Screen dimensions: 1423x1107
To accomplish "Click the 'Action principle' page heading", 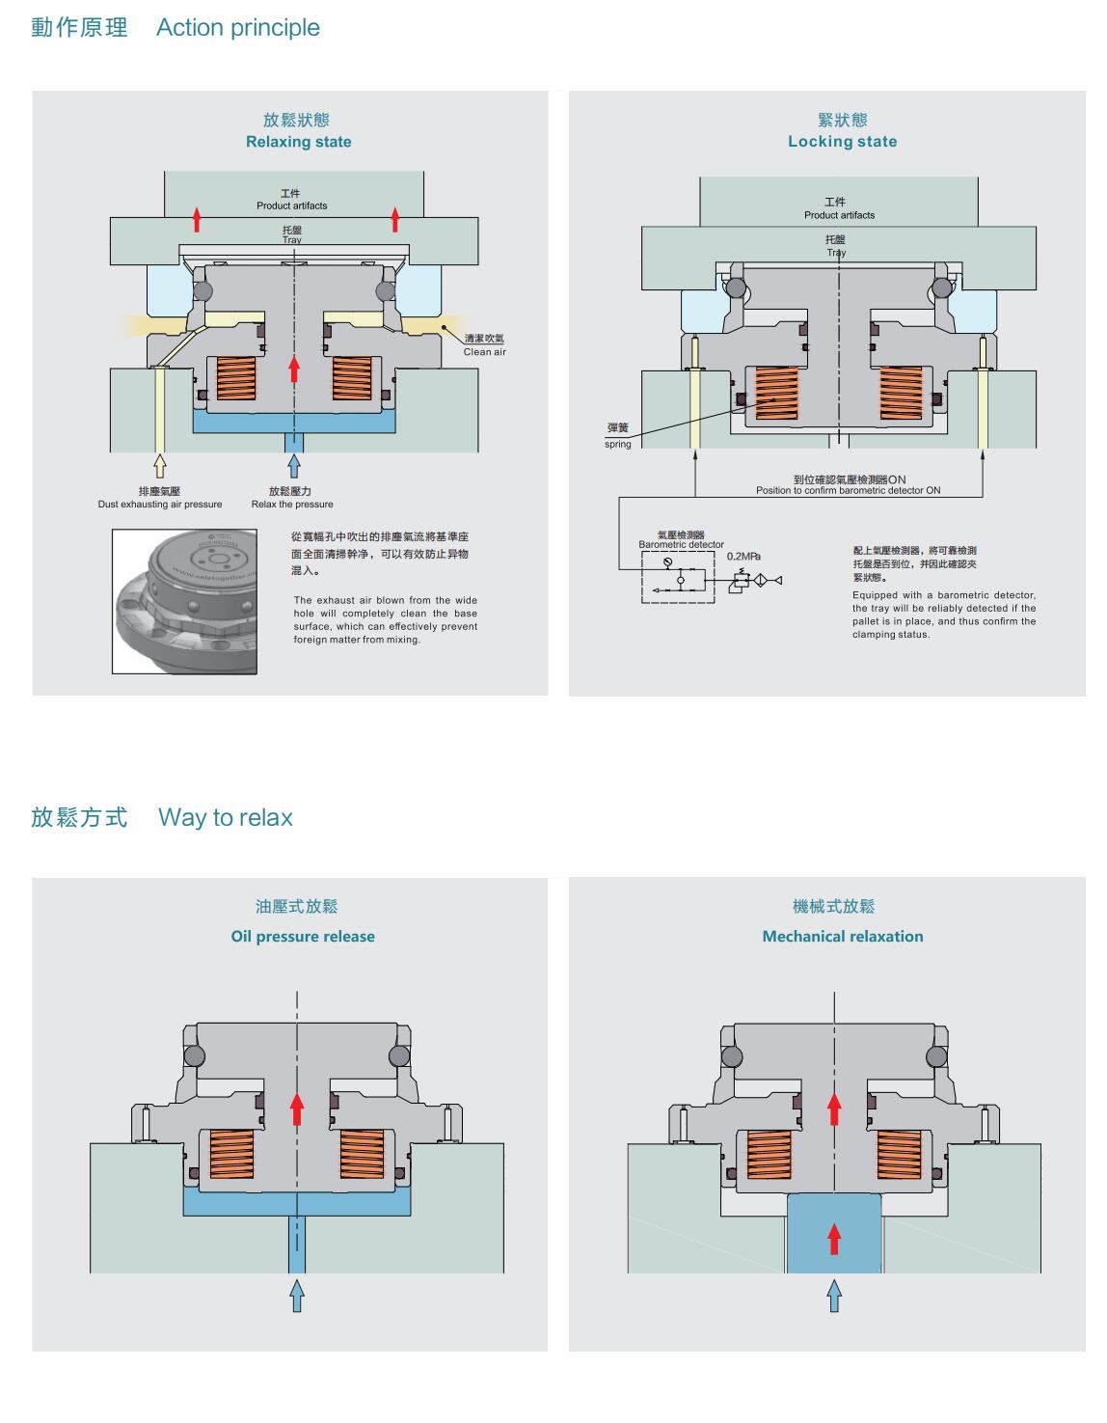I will click(237, 28).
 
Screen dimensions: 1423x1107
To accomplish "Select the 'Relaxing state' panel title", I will click(298, 142).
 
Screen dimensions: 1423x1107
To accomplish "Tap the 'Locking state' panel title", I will click(842, 142).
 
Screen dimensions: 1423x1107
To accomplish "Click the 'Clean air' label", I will click(484, 352).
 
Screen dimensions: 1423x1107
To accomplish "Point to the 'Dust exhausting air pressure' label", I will click(160, 505).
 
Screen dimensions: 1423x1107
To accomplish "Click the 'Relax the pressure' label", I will click(292, 505).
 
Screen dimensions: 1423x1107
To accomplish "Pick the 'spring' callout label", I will click(618, 445).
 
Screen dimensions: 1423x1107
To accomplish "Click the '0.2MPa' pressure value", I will click(743, 557).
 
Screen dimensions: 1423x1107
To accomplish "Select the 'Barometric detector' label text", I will click(681, 545).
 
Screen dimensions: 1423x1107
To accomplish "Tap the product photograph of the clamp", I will click(185, 600).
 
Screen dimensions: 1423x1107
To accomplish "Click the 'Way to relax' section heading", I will click(225, 818).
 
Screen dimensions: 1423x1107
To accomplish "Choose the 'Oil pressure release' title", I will click(303, 937).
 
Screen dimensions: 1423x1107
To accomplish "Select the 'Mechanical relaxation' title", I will click(843, 937).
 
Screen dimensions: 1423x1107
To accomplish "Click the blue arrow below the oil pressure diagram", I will click(297, 1296).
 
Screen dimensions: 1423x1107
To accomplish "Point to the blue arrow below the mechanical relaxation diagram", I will click(834, 1296).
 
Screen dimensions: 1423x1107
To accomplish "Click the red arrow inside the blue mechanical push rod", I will click(834, 1239).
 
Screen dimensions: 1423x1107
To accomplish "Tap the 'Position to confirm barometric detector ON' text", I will click(848, 491).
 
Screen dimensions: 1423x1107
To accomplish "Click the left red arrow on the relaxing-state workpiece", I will click(198, 219).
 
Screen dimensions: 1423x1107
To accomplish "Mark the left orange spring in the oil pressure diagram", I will click(231, 1155).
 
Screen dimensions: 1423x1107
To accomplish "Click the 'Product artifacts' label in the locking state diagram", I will click(839, 215).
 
